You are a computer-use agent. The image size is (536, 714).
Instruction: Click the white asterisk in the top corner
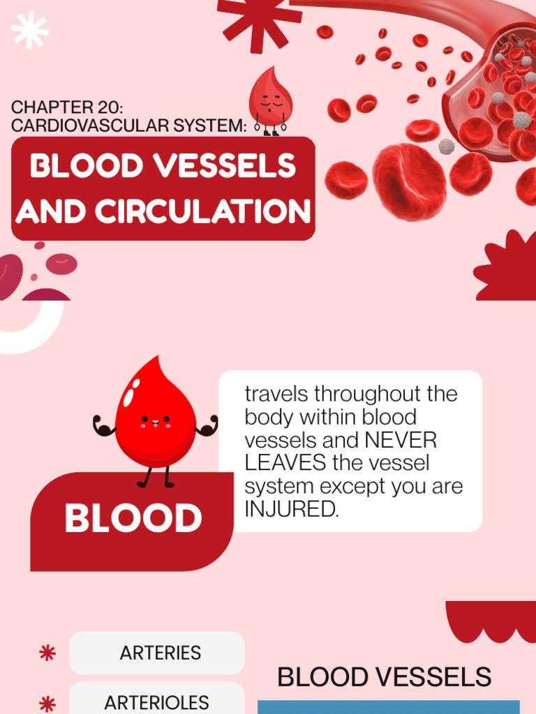click(30, 31)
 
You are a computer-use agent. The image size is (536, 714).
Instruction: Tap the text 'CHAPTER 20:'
click(67, 108)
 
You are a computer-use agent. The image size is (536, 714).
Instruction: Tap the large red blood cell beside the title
click(409, 182)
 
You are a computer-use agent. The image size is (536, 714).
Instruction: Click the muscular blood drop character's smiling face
click(155, 421)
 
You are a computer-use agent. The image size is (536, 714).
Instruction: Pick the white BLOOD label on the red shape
click(133, 519)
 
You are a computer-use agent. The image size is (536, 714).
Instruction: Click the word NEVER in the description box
click(401, 441)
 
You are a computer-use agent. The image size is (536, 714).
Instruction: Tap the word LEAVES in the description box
click(285, 464)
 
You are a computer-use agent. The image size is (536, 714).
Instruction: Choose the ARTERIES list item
click(160, 653)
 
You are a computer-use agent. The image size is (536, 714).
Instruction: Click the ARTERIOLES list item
click(156, 702)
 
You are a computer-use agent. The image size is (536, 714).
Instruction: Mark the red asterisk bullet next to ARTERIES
click(47, 653)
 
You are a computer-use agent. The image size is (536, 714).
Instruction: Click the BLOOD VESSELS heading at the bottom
click(384, 677)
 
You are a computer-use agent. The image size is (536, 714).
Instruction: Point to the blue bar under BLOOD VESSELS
click(389, 707)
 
